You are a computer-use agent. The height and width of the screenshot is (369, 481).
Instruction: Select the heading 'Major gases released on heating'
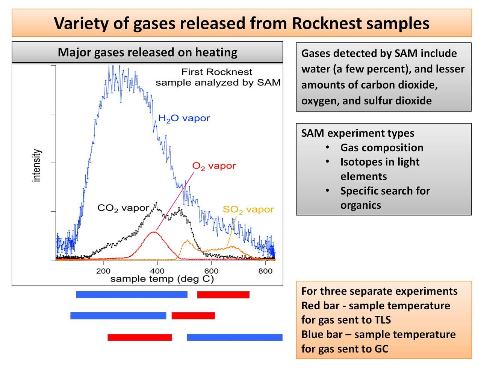[x=147, y=52]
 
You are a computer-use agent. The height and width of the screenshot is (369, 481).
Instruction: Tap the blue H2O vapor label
[x=184, y=118]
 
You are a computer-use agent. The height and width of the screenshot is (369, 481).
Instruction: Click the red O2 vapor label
[x=214, y=166]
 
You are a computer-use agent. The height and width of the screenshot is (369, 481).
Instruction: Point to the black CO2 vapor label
[x=123, y=208]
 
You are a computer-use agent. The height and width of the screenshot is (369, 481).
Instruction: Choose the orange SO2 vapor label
[x=248, y=209]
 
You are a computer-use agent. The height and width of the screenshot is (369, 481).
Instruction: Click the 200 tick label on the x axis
[x=103, y=271]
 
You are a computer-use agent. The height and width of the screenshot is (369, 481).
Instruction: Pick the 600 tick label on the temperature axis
[x=211, y=271]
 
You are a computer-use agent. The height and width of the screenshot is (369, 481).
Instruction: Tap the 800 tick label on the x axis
[x=265, y=271]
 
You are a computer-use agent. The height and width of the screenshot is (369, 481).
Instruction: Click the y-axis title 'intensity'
[x=36, y=166]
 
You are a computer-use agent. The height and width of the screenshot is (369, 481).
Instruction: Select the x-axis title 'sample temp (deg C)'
[x=162, y=279]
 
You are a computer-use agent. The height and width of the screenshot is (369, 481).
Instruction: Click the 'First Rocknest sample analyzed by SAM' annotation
[x=218, y=77]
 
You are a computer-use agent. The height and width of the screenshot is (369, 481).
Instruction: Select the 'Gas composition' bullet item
[x=381, y=148]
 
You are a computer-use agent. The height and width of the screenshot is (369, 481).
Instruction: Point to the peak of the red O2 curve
[x=153, y=232]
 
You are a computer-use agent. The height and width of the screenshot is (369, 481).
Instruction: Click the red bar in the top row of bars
[x=223, y=295]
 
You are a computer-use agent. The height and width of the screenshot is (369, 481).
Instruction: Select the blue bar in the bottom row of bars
[x=234, y=337]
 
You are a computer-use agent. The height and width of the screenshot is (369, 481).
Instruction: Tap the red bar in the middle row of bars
[x=193, y=316]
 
